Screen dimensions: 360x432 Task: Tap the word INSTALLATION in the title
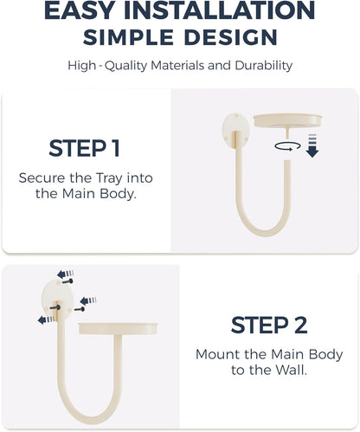tap(219, 10)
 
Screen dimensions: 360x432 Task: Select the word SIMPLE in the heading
tap(128, 37)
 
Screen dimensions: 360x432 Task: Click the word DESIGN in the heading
tap(231, 37)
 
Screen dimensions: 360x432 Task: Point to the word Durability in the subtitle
tap(263, 66)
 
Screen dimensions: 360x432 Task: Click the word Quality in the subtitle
tap(125, 66)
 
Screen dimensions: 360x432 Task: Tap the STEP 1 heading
tap(84, 148)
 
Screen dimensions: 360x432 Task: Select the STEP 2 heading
tap(269, 325)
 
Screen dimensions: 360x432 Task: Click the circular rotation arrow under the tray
tap(287, 146)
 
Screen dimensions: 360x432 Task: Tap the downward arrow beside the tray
tap(312, 145)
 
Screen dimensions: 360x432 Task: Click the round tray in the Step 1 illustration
tap(287, 120)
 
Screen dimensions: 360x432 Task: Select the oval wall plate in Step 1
tap(235, 131)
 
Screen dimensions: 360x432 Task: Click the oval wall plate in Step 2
tap(58, 300)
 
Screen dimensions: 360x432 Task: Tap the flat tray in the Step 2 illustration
tap(119, 328)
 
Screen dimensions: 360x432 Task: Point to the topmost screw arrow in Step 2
tap(65, 274)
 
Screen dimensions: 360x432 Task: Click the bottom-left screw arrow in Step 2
tap(46, 319)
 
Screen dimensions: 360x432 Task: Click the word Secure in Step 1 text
tap(42, 177)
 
